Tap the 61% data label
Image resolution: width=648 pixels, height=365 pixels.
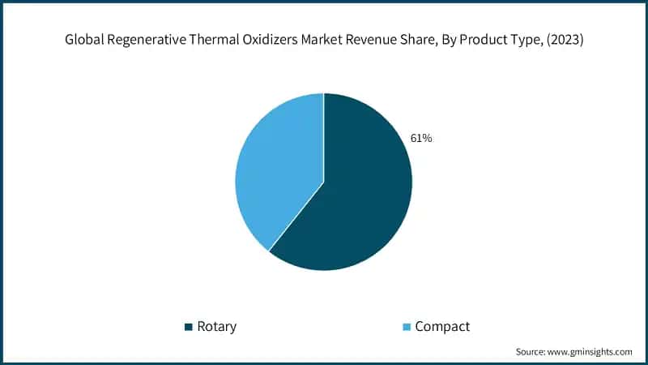[x=421, y=139]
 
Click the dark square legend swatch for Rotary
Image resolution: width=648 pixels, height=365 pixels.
[x=190, y=327]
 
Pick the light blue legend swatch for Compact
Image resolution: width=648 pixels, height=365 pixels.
[x=407, y=327]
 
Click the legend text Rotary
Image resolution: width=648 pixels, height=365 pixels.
[x=217, y=327]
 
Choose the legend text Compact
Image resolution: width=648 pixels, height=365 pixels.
[x=442, y=327]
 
